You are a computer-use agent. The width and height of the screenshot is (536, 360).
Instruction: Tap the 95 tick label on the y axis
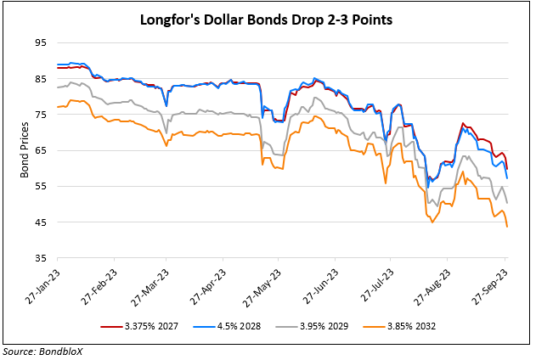(x=40, y=43)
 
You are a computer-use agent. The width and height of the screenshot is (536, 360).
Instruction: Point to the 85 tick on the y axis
(x=40, y=79)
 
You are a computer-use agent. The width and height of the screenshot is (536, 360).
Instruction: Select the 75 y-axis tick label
(x=40, y=115)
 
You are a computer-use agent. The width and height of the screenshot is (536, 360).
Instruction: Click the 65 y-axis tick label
(x=40, y=150)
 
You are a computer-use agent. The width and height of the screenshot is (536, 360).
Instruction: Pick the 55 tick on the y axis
(x=40, y=186)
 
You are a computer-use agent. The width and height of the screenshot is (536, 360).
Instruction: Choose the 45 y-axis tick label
(x=40, y=222)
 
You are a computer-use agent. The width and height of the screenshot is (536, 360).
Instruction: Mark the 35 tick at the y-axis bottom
(x=40, y=257)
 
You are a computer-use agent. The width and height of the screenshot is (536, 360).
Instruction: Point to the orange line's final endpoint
(x=507, y=227)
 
